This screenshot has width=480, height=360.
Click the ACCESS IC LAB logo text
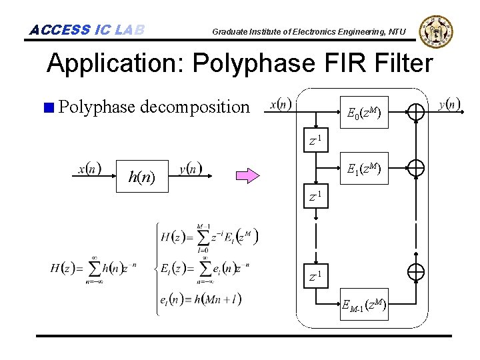pos(87,30)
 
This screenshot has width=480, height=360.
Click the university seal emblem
pos(437,30)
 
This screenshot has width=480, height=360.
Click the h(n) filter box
pos(141,177)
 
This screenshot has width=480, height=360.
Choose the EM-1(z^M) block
pos(363,306)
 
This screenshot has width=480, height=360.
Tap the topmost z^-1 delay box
pos(317,141)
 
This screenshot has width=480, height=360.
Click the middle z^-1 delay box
pos(317,198)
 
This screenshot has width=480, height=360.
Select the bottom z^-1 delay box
pos(317,275)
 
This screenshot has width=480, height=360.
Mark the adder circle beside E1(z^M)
pos(415,169)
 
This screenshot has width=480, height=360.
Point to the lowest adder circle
pos(415,271)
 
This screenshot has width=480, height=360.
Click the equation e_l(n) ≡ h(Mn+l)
pos(201,299)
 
